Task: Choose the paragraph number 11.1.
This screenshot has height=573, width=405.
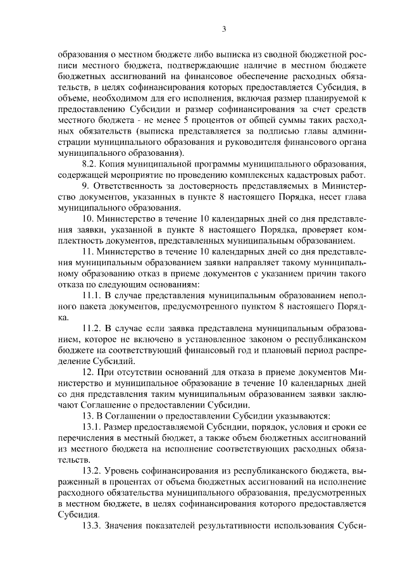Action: pos(94,294)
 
